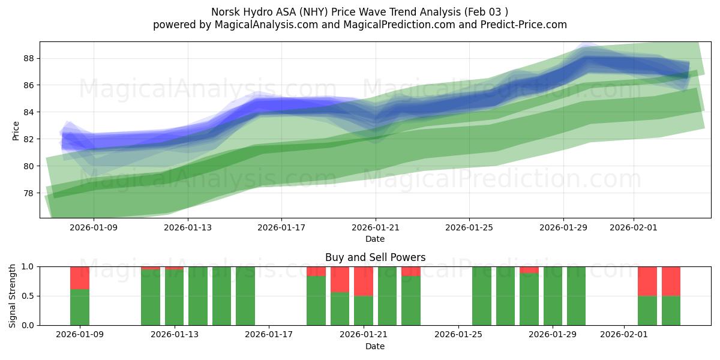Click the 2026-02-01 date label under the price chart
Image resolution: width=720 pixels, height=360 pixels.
[634, 228]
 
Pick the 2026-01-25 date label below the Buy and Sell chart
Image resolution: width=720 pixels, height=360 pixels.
[458, 335]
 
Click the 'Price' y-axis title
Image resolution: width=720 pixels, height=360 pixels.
[16, 130]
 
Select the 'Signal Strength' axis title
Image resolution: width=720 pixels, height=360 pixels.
[13, 295]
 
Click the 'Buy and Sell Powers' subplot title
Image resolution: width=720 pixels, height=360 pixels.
[375, 257]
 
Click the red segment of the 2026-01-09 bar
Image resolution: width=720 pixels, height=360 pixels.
[80, 278]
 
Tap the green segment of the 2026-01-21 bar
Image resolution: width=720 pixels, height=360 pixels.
[364, 310]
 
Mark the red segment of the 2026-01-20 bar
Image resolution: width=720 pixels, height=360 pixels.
[340, 279]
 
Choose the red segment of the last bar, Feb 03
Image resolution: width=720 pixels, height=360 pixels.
[671, 281]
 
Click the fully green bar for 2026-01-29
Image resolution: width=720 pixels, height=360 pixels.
[553, 296]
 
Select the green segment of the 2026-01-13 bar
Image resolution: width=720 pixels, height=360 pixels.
[174, 298]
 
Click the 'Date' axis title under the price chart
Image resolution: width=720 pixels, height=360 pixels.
[375, 239]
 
